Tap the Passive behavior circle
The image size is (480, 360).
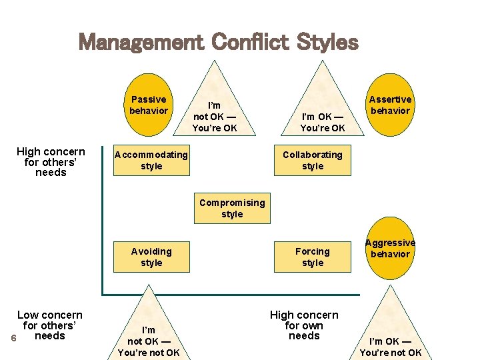coord(148,105)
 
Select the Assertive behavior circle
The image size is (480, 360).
coord(391,105)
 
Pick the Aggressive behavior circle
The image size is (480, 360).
coord(391,249)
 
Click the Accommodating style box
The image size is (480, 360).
coord(151,161)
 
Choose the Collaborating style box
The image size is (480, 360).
coord(312,161)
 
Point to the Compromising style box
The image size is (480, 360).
coord(232,208)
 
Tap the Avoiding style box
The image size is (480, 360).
coord(151,257)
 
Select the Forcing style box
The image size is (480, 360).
coord(312,257)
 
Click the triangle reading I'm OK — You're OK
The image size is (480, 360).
coord(323,113)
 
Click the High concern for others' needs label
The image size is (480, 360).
coord(51,162)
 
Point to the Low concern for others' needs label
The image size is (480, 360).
coord(50,325)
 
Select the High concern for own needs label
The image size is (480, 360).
coord(304,325)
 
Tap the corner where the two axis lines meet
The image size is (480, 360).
coord(103,294)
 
